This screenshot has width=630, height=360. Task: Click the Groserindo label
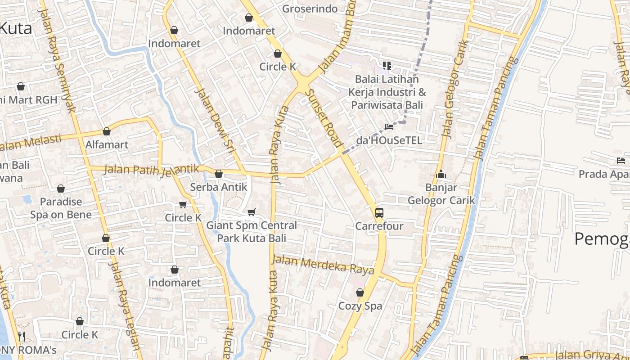[310, 9]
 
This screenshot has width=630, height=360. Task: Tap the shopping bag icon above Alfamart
[107, 131]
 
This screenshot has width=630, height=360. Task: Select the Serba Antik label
[219, 187]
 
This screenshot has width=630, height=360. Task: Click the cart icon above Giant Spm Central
[252, 212]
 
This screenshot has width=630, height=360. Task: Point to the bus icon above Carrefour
[379, 212]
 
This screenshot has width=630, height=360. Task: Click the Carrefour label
[379, 226]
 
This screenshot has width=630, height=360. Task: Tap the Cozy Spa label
[360, 306]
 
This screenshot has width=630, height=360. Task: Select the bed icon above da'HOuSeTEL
[389, 127]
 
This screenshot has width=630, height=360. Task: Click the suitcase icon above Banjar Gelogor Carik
[441, 174]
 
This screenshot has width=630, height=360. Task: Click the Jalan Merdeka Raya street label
[323, 265]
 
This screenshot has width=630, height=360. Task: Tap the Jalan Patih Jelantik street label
[151, 169]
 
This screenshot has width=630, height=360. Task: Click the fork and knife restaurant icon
[21, 336]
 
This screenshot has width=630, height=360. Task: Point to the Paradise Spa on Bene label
[61, 208]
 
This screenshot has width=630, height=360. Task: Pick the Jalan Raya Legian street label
[124, 310]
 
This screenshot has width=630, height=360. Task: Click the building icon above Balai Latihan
[387, 66]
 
